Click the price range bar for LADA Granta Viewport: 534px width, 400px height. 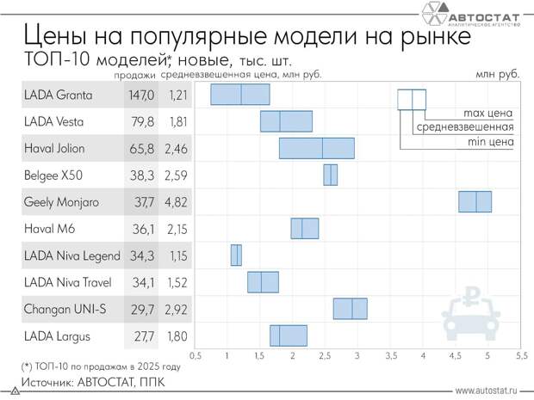click(x=239, y=95)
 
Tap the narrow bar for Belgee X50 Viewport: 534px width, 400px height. click(x=330, y=175)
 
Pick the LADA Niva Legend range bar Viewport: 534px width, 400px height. click(x=235, y=255)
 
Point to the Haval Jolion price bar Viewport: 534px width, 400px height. click(x=316, y=148)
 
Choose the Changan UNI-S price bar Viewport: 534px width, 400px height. click(x=350, y=309)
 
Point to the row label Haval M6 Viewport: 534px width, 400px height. click(x=51, y=229)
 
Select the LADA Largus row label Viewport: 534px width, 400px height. click(x=58, y=336)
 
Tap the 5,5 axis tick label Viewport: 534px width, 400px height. click(x=521, y=354)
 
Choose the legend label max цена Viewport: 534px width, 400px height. click(x=487, y=113)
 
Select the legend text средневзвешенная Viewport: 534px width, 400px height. click(x=465, y=127)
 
